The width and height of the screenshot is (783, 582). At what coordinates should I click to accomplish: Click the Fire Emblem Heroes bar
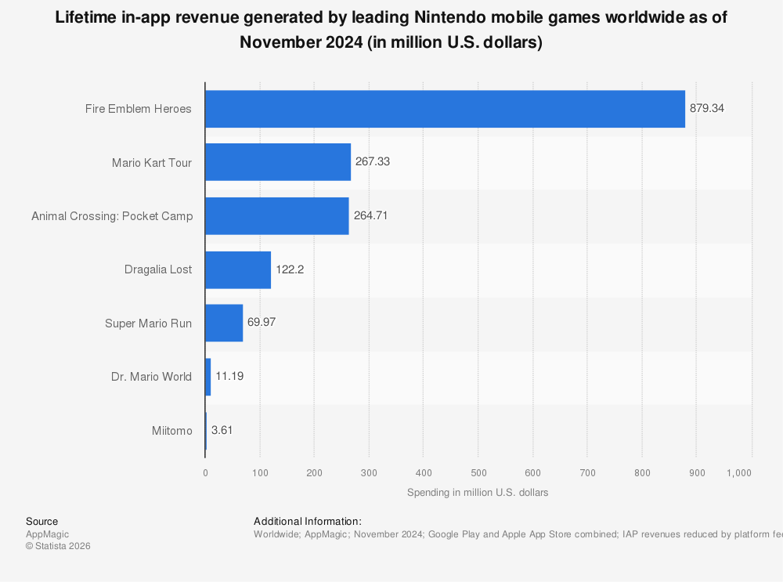coord(445,109)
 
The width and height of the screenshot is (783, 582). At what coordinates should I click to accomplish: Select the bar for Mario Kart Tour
coord(278,162)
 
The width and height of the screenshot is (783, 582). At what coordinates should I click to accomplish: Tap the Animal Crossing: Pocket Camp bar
coord(277,216)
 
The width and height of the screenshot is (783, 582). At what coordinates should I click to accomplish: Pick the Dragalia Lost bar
coord(238,269)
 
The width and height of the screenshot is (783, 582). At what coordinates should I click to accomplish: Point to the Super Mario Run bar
coord(224,323)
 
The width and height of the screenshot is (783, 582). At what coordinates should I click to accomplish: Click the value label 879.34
coord(707,109)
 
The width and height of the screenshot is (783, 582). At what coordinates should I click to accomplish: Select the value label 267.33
coord(373,162)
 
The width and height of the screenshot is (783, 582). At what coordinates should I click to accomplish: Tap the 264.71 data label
coord(370,216)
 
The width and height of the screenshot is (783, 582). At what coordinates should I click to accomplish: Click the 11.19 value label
coord(229,377)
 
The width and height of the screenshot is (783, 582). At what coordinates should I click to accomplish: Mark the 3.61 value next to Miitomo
coord(222,430)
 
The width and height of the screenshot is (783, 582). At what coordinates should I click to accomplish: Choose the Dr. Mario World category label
coord(151,377)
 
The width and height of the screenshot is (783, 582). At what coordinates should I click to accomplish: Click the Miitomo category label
coord(172,430)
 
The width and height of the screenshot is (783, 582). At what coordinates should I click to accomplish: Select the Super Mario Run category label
coord(148,323)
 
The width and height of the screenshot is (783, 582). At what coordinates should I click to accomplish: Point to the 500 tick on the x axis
coord(478,473)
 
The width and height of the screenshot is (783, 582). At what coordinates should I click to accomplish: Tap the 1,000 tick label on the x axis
coord(739,473)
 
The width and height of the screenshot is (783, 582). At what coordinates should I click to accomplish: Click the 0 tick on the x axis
coord(205,473)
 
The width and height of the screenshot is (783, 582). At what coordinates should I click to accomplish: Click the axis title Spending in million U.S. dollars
coord(478,493)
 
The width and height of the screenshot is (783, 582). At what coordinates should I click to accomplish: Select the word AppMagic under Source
coord(47,534)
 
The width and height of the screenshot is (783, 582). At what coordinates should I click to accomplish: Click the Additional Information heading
coord(308,521)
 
